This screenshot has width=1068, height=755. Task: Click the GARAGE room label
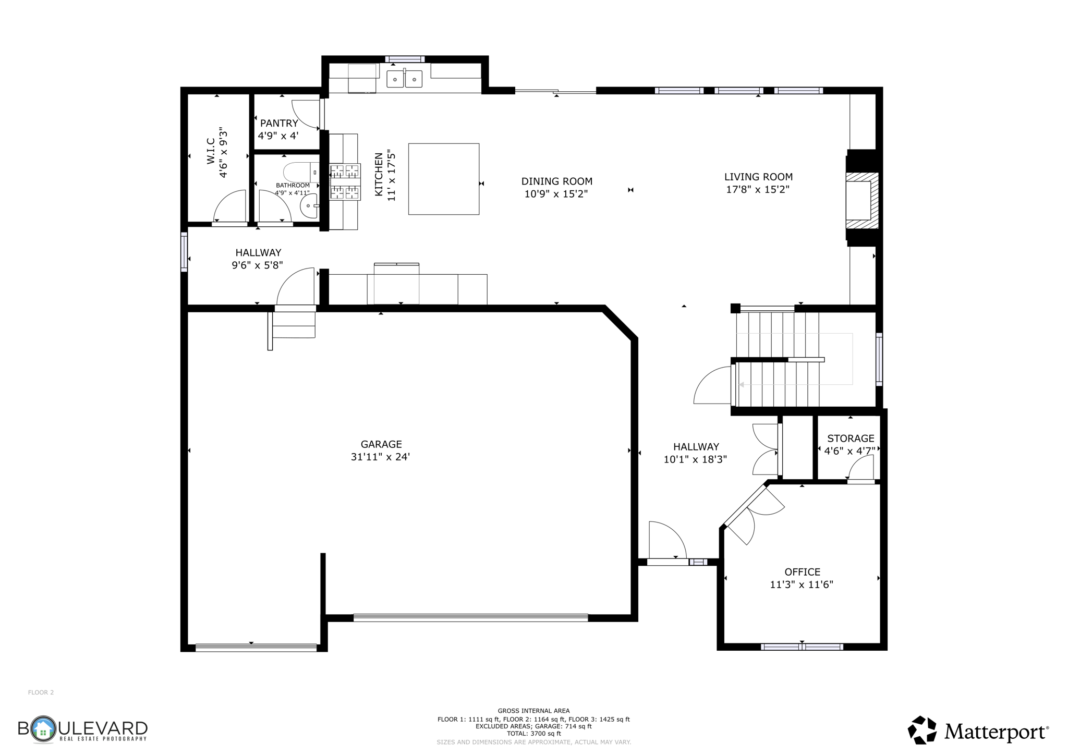point(381,444)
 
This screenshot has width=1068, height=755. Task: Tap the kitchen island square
point(443,179)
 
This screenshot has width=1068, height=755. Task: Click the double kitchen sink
point(404,79)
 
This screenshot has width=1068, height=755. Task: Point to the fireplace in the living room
point(860,201)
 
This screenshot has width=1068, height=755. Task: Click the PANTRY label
point(279,123)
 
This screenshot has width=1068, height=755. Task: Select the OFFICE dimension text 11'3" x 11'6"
point(802,584)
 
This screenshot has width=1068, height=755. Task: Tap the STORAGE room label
point(850,439)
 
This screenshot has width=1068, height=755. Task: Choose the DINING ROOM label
point(556,181)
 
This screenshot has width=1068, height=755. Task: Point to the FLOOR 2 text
point(41,692)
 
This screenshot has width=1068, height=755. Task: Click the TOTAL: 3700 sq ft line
point(533,734)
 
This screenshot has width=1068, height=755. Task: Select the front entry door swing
point(667,542)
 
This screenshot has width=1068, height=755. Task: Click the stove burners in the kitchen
point(345,181)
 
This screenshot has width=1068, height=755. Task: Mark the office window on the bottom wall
point(802,647)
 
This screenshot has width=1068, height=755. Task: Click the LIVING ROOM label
point(758,177)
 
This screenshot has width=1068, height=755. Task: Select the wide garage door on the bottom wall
point(470,618)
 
